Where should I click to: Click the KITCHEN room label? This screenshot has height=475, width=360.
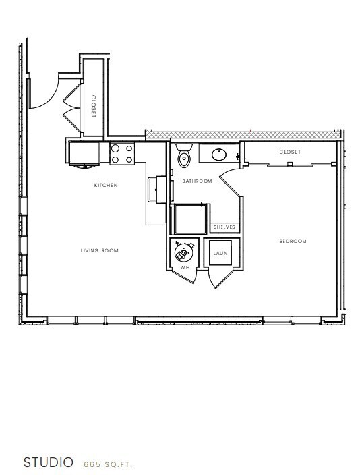pos(107,185)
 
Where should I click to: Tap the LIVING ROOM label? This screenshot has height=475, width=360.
pos(100,250)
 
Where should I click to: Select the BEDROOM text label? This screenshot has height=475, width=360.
pos(293,241)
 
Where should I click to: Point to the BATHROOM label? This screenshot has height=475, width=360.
pos(197,181)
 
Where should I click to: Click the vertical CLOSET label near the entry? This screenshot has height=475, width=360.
pos(93,106)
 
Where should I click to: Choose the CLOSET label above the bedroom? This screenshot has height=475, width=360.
pos(290,152)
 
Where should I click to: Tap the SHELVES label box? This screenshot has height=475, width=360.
pos(224,227)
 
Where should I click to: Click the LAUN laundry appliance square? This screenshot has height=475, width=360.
pos(220,253)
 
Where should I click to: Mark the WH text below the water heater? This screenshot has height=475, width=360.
pos(183,268)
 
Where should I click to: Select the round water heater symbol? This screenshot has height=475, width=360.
pos(181,253)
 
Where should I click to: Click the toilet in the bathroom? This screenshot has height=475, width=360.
pos(184,157)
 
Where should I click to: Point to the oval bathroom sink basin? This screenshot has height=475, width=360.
pos(219,155)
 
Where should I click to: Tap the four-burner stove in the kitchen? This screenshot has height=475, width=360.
pos(122,154)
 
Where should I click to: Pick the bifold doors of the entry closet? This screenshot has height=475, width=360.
pos(69,104)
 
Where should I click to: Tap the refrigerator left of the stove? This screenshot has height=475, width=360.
pos(84,154)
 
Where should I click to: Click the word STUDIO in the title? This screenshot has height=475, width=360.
pos(48,463)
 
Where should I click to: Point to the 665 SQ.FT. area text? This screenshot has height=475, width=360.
pos(108,464)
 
